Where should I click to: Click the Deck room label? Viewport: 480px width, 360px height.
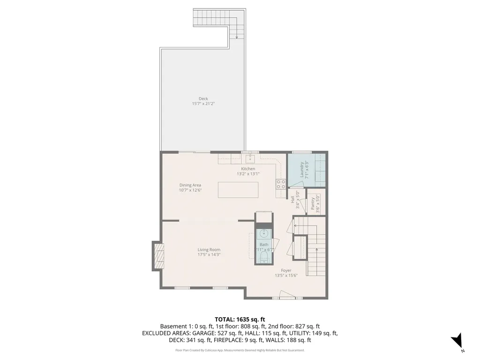pyautogui.click(x=203, y=98)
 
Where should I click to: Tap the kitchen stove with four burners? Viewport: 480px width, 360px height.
pyautogui.click(x=281, y=184)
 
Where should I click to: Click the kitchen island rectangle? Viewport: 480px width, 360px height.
pyautogui.click(x=238, y=190)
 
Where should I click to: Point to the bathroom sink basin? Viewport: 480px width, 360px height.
pyautogui.click(x=264, y=233)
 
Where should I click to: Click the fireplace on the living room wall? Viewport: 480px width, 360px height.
pyautogui.click(x=158, y=256)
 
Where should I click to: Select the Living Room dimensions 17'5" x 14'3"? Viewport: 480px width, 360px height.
pyautogui.click(x=209, y=255)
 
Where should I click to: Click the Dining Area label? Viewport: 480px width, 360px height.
pyautogui.click(x=190, y=185)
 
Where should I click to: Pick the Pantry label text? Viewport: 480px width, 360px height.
pyautogui.click(x=313, y=204)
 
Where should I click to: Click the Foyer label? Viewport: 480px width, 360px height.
pyautogui.click(x=286, y=270)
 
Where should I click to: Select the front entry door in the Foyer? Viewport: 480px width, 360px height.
pyautogui.click(x=286, y=295)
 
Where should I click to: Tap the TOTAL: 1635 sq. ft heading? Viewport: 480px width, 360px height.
pyautogui.click(x=240, y=319)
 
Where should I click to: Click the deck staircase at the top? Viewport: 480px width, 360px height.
pyautogui.click(x=218, y=20)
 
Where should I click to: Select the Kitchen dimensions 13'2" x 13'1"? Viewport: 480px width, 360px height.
pyautogui.click(x=248, y=174)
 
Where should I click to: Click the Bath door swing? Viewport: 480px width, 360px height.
pyautogui.click(x=276, y=244)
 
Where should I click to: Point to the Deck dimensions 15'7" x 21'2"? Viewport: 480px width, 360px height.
pyautogui.click(x=203, y=104)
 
